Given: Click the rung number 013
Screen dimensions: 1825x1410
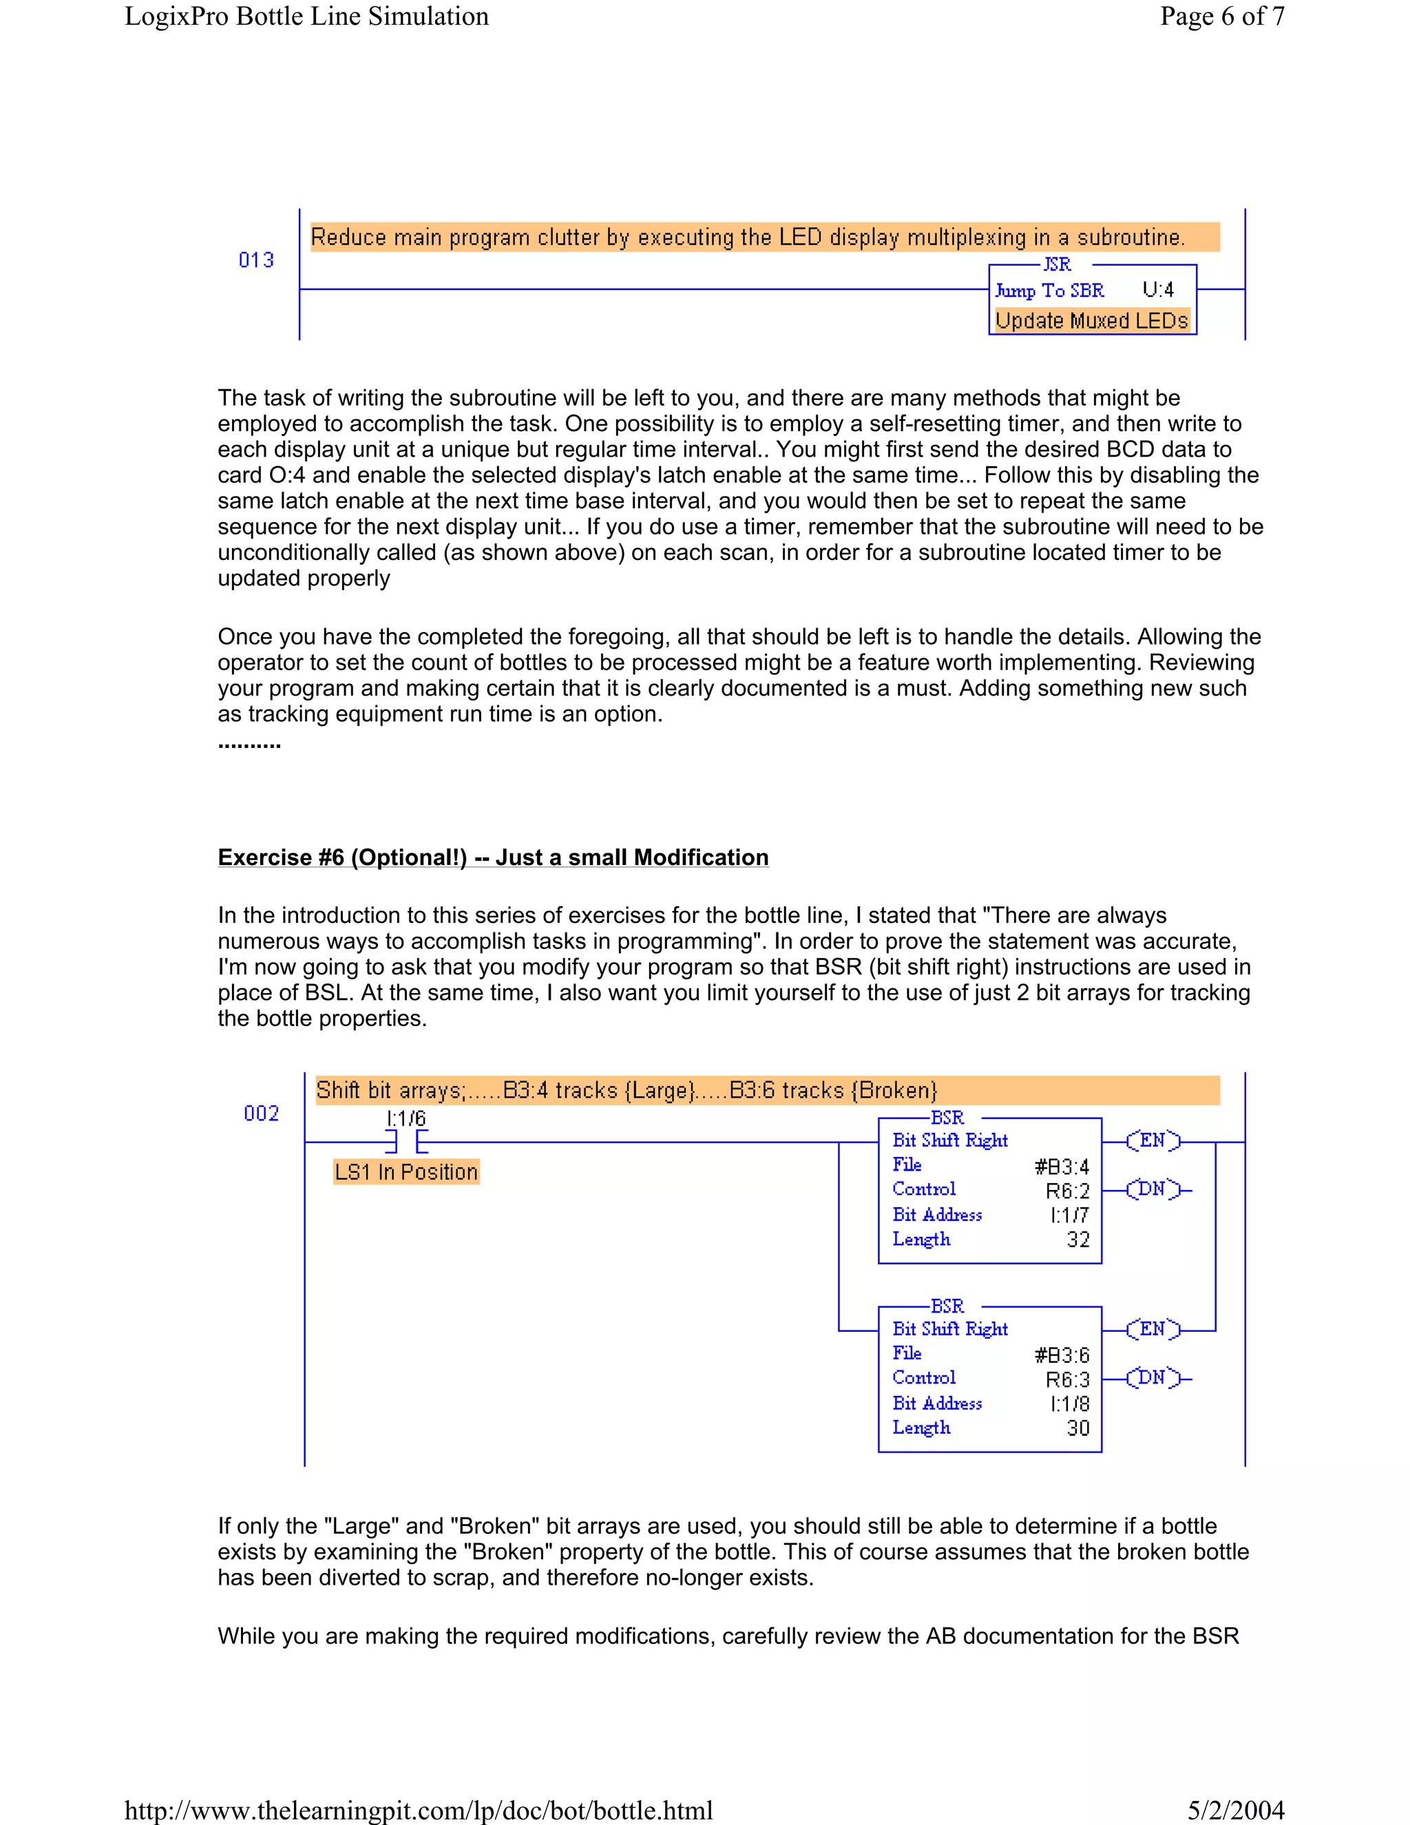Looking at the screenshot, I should point(256,260).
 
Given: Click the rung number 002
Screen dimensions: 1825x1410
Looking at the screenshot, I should point(262,1113).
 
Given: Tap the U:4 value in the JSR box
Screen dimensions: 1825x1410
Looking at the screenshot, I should point(1158,290).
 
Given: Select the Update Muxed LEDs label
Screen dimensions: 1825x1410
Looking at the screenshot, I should point(1092,321).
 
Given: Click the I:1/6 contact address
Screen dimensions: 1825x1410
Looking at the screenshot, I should point(406,1118).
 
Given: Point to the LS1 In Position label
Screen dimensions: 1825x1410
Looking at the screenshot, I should point(406,1171).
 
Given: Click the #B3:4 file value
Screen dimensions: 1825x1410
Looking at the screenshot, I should point(1062,1167).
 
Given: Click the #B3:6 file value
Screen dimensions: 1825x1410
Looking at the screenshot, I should point(1062,1355).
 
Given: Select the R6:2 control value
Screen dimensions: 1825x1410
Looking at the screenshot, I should point(1068,1191).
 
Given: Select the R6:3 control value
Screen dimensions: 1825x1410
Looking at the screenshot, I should point(1068,1379).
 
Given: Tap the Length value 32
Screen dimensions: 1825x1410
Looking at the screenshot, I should point(1078,1239).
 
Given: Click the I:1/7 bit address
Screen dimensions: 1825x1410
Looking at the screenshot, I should point(1070,1215).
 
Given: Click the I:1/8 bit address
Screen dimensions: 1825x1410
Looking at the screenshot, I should point(1070,1404).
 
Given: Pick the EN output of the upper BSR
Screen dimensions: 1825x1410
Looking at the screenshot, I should point(1153,1140).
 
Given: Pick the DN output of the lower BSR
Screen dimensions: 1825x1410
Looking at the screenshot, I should point(1153,1377).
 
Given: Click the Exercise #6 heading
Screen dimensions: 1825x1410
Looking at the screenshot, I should point(493,857).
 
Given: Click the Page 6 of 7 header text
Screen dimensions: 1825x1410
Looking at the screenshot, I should point(1221,16).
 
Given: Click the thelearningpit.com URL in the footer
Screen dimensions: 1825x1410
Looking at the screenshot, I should point(419,1810).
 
